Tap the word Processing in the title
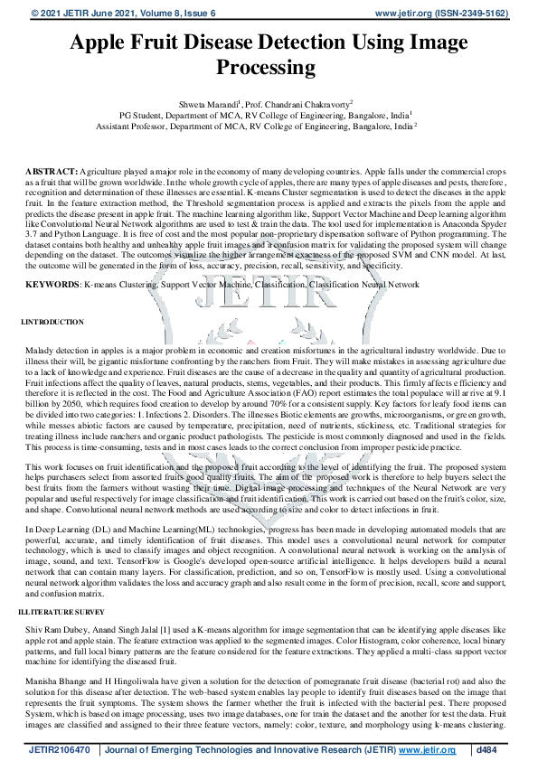coord(269,68)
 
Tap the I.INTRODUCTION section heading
coord(52,322)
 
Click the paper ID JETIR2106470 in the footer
coord(58,749)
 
